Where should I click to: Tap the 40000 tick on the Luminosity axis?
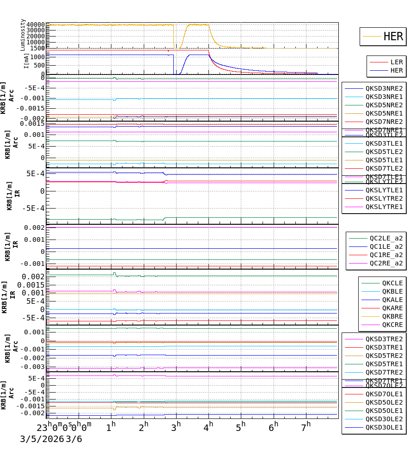(x=36, y=25)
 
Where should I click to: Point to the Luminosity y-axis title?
(x=23, y=35)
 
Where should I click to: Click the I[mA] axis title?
(x=26, y=61)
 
